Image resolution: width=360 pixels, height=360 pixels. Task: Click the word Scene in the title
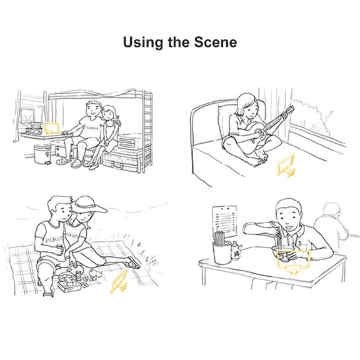[x=216, y=42]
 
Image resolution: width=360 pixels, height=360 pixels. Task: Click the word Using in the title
[x=142, y=42]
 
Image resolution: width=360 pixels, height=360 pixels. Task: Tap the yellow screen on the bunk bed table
[x=51, y=128]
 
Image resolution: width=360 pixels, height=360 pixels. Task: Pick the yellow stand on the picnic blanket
[x=119, y=282]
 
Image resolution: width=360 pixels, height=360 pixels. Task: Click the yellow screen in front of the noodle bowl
[x=294, y=259]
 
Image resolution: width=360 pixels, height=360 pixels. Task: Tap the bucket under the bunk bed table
[x=42, y=154]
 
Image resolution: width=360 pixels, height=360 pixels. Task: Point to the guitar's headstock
[x=289, y=111]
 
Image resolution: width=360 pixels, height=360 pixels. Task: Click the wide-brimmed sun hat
[x=89, y=205]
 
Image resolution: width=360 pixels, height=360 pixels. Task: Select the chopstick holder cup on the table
[x=222, y=252]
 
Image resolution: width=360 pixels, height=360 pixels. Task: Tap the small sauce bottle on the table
[x=236, y=251]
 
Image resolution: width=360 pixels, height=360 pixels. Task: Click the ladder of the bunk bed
[x=148, y=131]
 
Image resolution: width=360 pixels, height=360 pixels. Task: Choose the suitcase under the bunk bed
[x=121, y=161]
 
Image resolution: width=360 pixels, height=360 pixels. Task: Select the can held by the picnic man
[x=60, y=249]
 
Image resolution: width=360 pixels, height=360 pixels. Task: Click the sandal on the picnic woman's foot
[x=132, y=263]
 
